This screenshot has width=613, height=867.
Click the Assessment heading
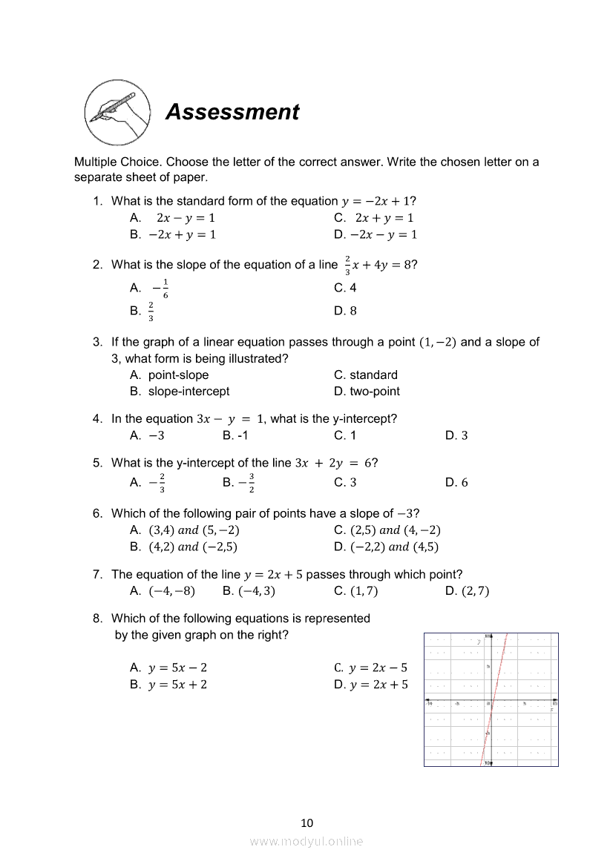coord(232,112)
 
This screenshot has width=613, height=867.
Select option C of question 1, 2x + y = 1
coord(374,218)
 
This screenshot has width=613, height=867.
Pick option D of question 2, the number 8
coord(345,311)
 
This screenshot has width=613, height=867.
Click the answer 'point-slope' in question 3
coord(178,375)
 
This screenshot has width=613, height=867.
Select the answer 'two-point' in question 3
coord(367,392)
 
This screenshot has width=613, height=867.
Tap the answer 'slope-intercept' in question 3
coord(189,392)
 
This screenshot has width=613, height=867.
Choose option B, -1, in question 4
coord(235,435)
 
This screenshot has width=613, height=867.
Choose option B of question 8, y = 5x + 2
coord(168,685)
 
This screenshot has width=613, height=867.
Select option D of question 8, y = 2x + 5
coord(371,685)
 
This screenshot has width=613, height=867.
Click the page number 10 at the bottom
coord(307,823)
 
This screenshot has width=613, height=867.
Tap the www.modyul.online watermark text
coord(306,841)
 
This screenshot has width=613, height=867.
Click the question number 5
coord(97,463)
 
